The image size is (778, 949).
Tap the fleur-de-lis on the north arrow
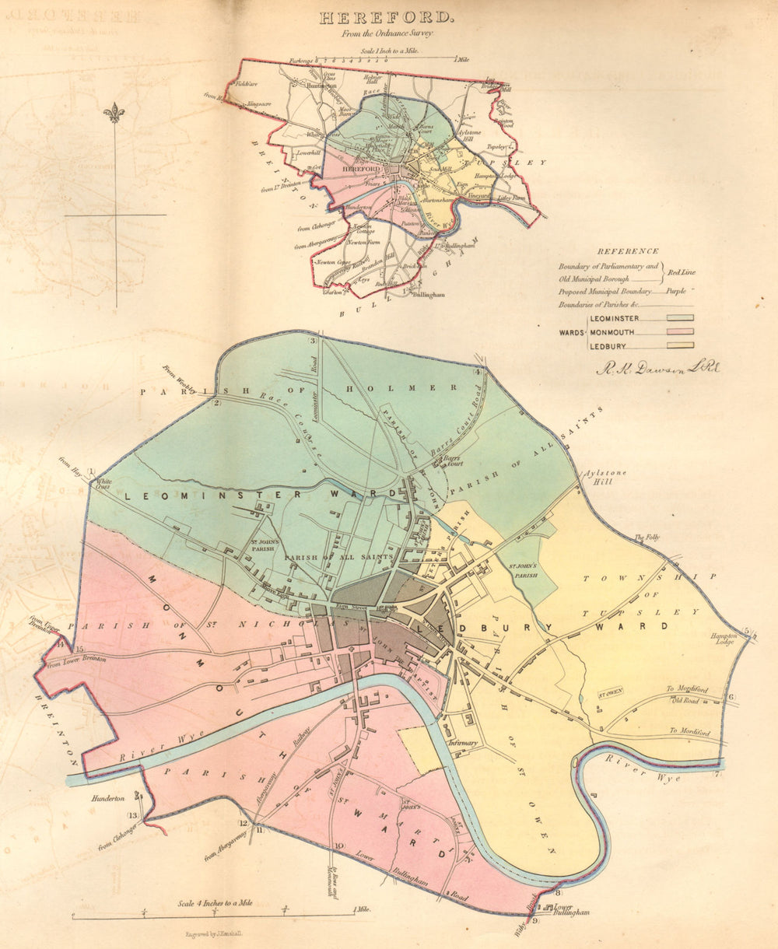[115, 113]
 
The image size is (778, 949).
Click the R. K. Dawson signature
[657, 368]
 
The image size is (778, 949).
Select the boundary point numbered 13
[133, 815]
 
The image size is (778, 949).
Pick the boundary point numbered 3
[313, 341]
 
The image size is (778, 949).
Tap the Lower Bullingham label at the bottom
[571, 911]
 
